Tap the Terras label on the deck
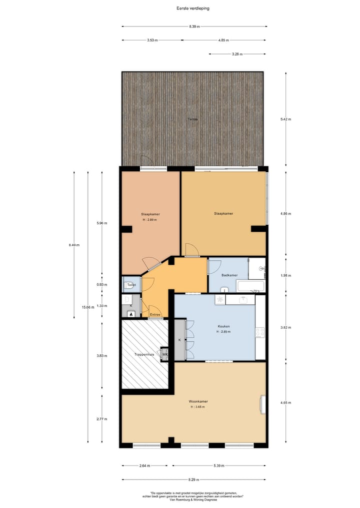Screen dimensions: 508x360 tap(192, 119)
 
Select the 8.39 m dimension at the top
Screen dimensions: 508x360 tap(194, 26)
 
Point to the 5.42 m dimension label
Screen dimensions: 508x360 tap(286, 119)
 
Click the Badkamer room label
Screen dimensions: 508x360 tap(229, 275)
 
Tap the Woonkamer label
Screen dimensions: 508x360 tap(198, 401)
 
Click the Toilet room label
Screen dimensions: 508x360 tap(131, 285)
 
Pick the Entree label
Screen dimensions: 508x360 tap(155, 315)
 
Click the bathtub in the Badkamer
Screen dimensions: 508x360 tap(250, 287)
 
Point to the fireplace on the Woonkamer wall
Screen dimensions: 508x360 tap(262, 404)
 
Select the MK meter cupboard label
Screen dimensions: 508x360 tap(164, 355)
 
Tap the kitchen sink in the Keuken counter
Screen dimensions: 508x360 tap(243, 300)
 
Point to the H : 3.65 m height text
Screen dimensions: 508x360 tap(198, 407)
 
